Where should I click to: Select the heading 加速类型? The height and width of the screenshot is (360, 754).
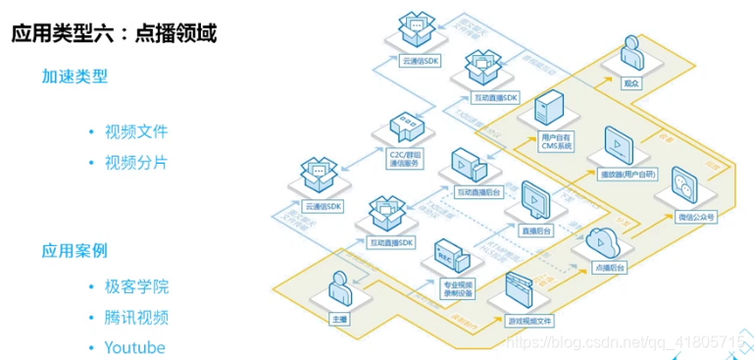[x=75, y=76]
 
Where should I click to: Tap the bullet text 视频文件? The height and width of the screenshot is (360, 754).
[x=136, y=132]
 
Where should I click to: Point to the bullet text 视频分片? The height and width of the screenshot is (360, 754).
[x=136, y=161]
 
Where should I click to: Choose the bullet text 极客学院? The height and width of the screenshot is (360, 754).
[x=136, y=287]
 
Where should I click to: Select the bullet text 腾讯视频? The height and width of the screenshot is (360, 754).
[x=136, y=317]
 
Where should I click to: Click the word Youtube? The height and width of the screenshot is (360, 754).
[x=135, y=346]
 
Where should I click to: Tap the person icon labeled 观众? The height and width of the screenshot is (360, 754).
[x=630, y=53]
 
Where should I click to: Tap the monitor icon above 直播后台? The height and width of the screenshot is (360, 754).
[x=535, y=199]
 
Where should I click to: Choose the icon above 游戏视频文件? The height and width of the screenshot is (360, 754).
[x=518, y=289]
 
